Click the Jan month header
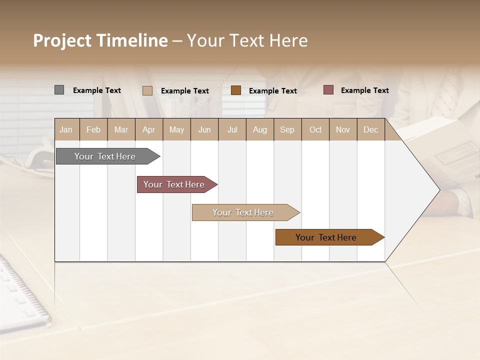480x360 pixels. coord(66,129)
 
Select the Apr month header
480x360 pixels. coord(148,129)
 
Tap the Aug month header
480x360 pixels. coord(259,129)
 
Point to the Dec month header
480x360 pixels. coord(370,129)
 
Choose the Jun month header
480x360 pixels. coord(204,129)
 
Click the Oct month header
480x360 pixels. coord(315,129)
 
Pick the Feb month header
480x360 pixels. coord(93,129)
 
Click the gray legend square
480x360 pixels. coord(59,90)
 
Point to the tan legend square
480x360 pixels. coord(147,90)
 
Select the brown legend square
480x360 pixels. coord(236,90)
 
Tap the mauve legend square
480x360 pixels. coord(328,90)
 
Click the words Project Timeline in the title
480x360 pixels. coord(100,40)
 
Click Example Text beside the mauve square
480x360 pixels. coord(364,90)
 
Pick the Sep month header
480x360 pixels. coord(287,129)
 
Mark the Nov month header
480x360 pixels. coord(342,129)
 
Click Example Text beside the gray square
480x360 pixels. coord(97,90)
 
